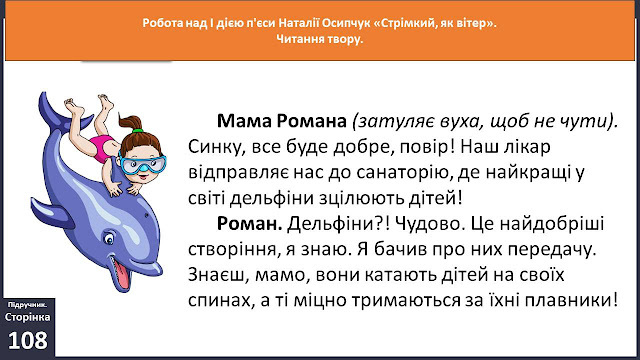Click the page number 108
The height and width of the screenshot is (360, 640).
click(x=27, y=340)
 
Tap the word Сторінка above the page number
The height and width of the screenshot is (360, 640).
click(x=27, y=317)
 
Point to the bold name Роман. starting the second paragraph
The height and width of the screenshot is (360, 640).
click(x=249, y=224)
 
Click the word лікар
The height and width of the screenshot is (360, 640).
click(x=528, y=147)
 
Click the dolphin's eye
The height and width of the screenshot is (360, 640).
click(x=109, y=238)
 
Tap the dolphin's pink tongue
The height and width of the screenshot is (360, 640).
click(x=123, y=273)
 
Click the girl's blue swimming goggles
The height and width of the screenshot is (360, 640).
click(x=143, y=164)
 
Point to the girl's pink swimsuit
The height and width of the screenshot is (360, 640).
click(x=103, y=148)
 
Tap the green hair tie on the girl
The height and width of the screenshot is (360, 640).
click(x=137, y=131)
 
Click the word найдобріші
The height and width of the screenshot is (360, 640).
click(x=551, y=224)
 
